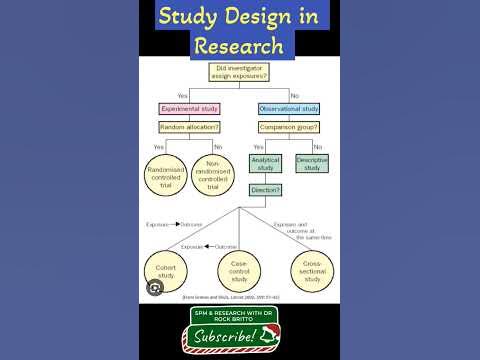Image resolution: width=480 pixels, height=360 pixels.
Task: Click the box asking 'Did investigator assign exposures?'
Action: coord(238,73)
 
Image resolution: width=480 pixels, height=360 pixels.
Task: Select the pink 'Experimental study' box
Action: coord(190,108)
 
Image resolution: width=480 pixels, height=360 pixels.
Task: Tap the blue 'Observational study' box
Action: coord(290,108)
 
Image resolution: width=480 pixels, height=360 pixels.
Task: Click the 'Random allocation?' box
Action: coord(190,128)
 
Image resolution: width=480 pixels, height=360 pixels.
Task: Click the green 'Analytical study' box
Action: coord(266,164)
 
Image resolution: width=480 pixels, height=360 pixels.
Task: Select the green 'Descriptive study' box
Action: coord(313,164)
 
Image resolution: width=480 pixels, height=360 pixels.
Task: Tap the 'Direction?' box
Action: coord(266,189)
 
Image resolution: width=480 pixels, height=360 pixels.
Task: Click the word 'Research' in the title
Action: coord(239,46)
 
